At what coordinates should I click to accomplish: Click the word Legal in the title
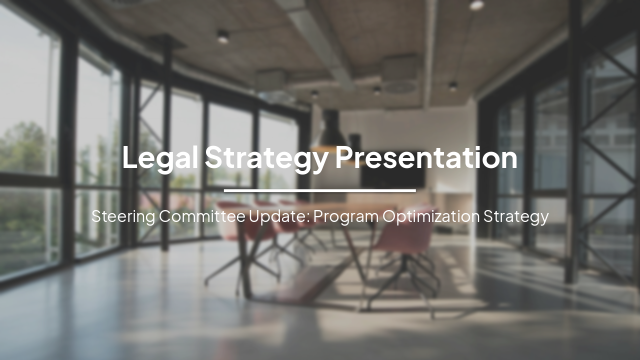click(x=160, y=157)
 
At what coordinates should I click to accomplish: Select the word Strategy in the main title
click(x=266, y=157)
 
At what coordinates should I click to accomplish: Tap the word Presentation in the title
click(x=426, y=157)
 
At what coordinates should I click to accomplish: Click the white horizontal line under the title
click(x=319, y=190)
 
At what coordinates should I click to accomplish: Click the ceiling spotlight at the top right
click(x=476, y=5)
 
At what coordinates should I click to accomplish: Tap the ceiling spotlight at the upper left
click(x=222, y=36)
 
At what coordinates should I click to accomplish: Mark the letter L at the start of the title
click(x=129, y=157)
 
